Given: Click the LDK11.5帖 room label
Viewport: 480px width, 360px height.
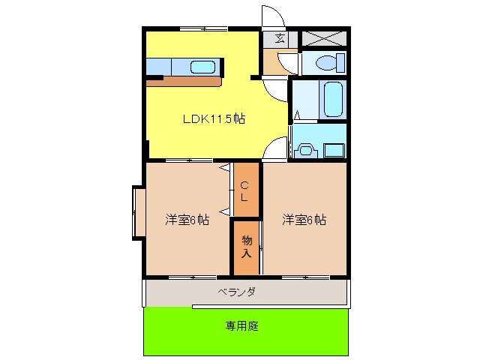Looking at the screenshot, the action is pos(214,118).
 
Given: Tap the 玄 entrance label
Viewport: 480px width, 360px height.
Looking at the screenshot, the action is pos(280,38).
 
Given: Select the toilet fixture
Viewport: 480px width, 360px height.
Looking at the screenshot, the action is pos(330,62).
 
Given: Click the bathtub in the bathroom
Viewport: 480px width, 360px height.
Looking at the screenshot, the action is pos(333,99).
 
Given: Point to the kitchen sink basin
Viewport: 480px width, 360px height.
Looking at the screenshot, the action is pos(202,67).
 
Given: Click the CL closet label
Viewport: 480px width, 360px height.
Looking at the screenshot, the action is pos(244,191).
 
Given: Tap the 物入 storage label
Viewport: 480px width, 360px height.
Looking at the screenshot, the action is pos(247,247).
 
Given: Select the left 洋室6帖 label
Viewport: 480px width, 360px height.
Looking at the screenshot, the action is pos(187,220).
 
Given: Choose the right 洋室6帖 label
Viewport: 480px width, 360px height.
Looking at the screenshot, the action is pos(304,220).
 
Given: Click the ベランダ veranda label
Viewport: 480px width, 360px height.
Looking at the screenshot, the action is pos(236,292).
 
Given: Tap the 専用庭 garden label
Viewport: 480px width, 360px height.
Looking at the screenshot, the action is pos(241,326).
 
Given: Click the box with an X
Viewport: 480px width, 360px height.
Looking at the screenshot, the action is pos(324,38).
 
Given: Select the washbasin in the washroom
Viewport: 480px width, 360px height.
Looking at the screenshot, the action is pos(305,150).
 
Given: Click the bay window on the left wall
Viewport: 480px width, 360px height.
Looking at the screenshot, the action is pos(139,213).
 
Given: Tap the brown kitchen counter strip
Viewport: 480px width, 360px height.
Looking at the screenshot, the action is pos(184,82).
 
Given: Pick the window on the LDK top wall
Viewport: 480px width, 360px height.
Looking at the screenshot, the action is pos(203,29).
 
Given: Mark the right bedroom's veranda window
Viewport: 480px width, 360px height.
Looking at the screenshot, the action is pos(305,277).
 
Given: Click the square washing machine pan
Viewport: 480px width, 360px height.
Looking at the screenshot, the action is pos(334,151).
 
